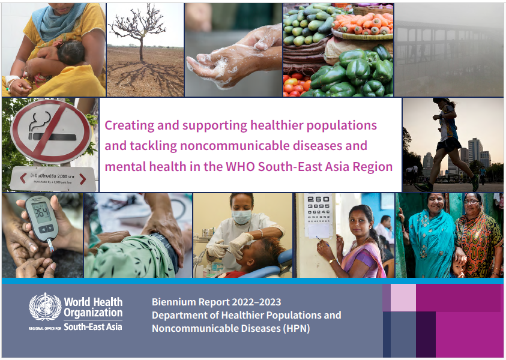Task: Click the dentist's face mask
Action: click(242, 217)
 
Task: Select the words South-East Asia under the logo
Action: click(93, 327)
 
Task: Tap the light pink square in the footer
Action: click(403, 298)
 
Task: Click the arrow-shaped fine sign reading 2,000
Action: click(53, 178)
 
